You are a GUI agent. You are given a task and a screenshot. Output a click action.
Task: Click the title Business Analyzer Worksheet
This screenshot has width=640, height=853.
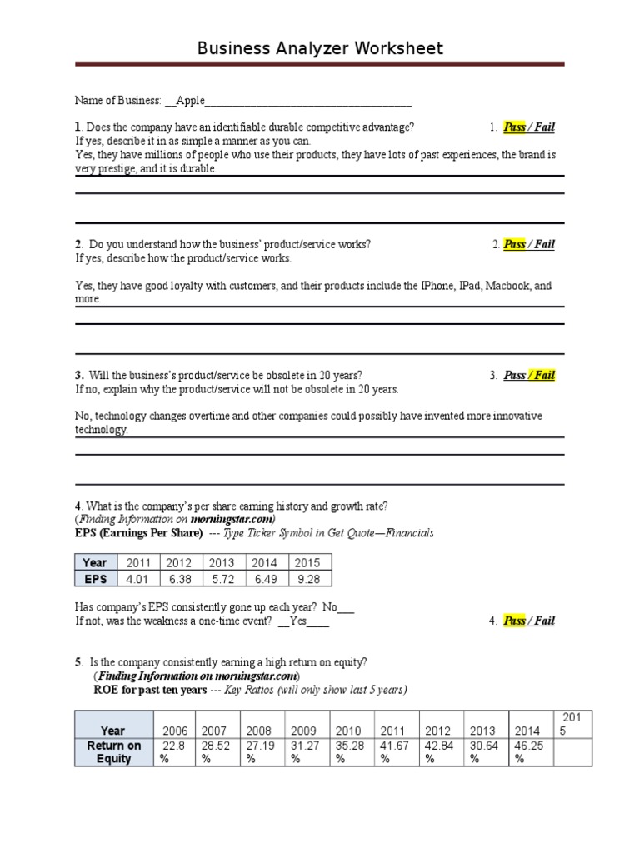(x=320, y=48)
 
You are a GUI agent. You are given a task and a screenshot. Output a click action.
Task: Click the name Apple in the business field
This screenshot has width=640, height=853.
(x=190, y=101)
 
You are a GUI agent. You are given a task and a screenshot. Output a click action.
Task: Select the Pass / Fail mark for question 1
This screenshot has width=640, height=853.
(x=529, y=127)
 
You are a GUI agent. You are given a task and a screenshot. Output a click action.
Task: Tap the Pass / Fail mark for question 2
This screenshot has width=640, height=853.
(x=529, y=244)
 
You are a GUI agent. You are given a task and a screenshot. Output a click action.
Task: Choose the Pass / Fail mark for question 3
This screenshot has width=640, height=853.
(x=529, y=375)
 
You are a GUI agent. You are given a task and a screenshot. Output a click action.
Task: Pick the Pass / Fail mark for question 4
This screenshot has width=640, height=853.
(x=529, y=621)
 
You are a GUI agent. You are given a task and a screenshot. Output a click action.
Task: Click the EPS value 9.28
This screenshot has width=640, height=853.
(x=307, y=579)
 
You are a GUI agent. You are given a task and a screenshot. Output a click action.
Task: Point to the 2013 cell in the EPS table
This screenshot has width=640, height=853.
(x=222, y=562)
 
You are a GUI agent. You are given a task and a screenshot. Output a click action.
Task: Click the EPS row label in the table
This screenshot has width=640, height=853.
(x=95, y=579)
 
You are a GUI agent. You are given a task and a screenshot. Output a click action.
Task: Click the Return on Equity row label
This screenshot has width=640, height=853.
(x=114, y=751)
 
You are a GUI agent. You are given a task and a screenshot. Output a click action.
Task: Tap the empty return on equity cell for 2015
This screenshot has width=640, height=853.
(x=571, y=751)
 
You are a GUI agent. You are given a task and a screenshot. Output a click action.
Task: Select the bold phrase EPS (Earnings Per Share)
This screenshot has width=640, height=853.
(x=138, y=533)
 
